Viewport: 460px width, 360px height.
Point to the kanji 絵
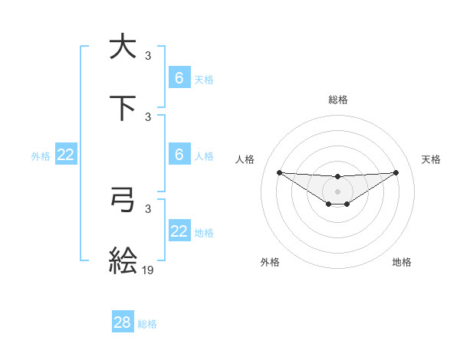click(x=123, y=260)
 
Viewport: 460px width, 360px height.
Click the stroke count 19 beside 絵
click(x=148, y=270)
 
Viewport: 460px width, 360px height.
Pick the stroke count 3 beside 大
click(x=148, y=55)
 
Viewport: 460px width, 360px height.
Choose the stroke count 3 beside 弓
click(x=148, y=208)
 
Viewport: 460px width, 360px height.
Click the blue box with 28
click(x=123, y=322)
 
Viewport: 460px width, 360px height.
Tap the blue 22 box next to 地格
click(x=179, y=231)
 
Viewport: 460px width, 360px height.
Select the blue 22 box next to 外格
click(x=66, y=155)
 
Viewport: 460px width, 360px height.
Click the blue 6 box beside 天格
click(x=179, y=78)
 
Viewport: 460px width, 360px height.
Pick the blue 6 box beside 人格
click(x=179, y=155)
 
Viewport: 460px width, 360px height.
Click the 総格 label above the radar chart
click(x=338, y=100)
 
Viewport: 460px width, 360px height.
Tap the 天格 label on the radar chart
click(x=432, y=159)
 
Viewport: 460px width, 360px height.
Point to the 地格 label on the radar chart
click(x=402, y=262)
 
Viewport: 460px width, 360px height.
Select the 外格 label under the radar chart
click(x=270, y=262)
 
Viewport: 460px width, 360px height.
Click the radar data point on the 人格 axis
click(x=279, y=172)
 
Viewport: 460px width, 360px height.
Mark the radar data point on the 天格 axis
click(x=396, y=172)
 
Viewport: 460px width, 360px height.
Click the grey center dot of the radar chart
click(x=337, y=191)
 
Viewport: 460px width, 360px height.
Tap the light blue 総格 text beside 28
click(x=147, y=324)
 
